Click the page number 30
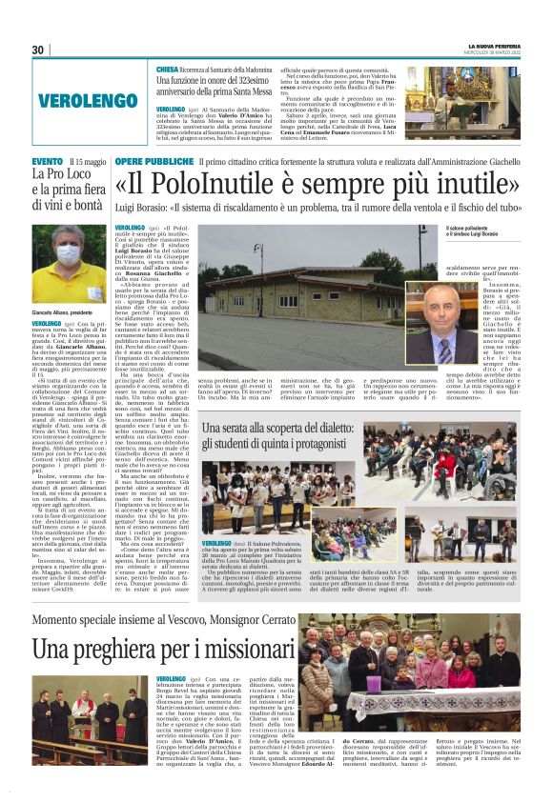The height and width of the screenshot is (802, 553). (38, 50)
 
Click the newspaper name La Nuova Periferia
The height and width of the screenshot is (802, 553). (494, 45)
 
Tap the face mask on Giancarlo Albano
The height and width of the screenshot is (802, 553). (70, 255)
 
